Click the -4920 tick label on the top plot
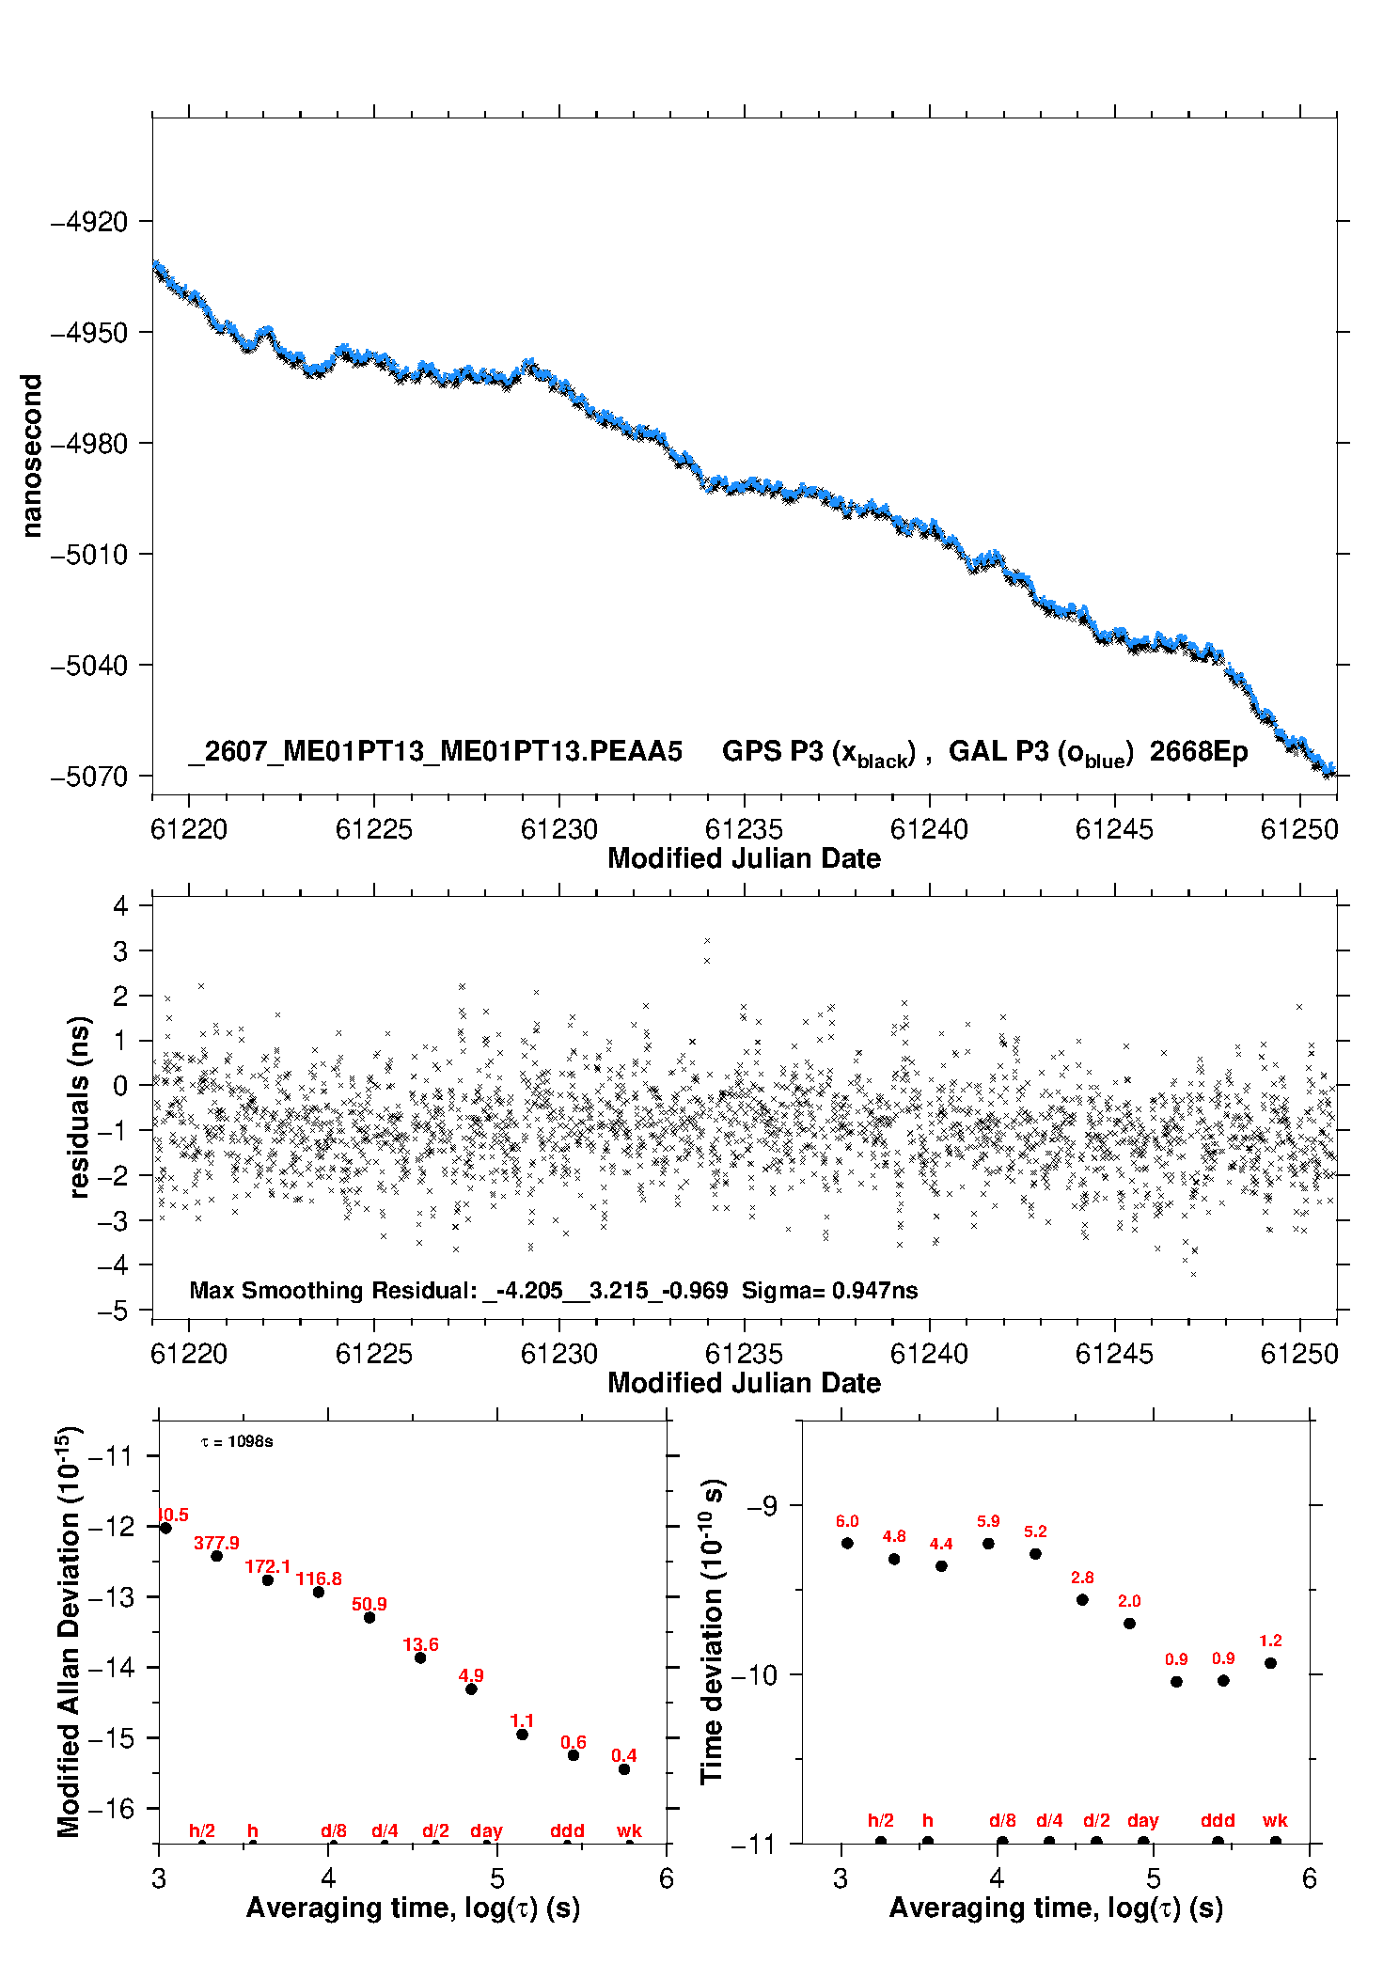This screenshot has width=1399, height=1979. pos(88,223)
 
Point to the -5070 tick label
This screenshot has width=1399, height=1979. pos(88,777)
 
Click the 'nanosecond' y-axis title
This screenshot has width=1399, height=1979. pos(31,456)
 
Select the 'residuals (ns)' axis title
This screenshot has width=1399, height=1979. pos(79,1107)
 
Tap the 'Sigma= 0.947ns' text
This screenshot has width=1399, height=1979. pos(829,1290)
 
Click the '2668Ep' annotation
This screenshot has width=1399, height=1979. pos(1199,753)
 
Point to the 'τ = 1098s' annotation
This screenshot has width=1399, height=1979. pos(237,1441)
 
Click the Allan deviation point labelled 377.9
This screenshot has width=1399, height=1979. pos(217,1556)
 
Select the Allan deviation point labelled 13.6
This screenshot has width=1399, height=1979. pos(420,1657)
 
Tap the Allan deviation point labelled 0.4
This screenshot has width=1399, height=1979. pos(624,1769)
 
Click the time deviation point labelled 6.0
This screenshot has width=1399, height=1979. pos(847,1543)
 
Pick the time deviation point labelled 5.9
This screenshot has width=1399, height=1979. pos(988,1543)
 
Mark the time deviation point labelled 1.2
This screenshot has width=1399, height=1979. pos(1270,1663)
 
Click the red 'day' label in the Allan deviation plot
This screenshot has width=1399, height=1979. pos(486,1831)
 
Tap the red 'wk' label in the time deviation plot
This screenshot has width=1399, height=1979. pos(1275,1821)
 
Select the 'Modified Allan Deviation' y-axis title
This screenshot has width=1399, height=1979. pos(69,1631)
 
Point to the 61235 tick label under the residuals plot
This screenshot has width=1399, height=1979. pos(744,1354)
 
